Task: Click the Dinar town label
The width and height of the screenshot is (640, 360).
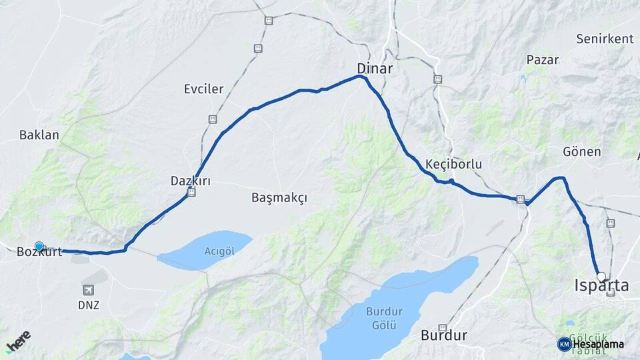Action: coord(375,69)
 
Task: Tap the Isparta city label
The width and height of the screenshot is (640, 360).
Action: coord(601,286)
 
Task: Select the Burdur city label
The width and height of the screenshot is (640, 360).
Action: coord(443,335)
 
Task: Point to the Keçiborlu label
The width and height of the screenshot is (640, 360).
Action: coord(453,164)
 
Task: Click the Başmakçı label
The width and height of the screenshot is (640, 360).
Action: coord(279,198)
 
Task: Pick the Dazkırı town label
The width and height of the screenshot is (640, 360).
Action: coord(191,181)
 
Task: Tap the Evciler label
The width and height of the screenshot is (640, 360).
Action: coord(204,89)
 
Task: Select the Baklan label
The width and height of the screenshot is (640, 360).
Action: coord(39,135)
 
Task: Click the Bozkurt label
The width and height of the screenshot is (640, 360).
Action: coord(39,252)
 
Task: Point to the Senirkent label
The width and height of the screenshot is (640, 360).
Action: coord(605,39)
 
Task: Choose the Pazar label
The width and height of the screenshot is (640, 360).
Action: coord(542,59)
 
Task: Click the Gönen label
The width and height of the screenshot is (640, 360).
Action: coord(581,152)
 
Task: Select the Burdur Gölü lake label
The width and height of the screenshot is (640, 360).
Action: coord(382,317)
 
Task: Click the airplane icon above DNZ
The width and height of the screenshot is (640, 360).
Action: coord(89,290)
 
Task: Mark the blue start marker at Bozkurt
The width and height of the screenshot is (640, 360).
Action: coord(39,247)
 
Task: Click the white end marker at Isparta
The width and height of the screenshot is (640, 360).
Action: coord(601,276)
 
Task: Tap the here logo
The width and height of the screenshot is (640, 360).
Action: coord(18,341)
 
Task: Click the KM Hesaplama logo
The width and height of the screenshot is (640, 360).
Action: coord(591,344)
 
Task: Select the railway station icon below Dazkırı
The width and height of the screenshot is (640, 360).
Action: coord(192,193)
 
